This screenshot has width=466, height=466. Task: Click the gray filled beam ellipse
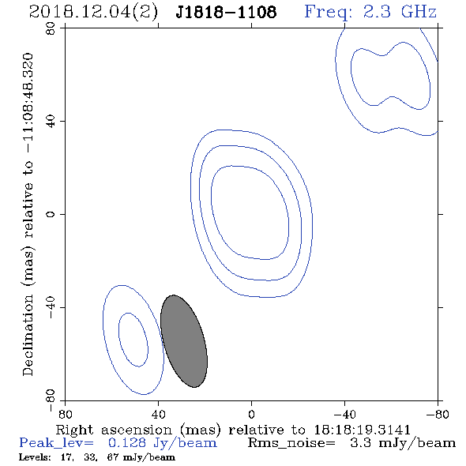(184, 341)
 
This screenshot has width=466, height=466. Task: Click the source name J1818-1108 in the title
(226, 13)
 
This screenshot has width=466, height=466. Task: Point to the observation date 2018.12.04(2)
(93, 13)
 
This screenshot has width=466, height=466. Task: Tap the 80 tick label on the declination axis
(51, 28)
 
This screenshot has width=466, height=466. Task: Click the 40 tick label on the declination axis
(51, 122)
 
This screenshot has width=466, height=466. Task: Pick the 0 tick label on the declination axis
(51, 214)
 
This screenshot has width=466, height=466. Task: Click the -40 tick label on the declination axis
(51, 307)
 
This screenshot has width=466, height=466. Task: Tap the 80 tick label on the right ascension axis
(65, 415)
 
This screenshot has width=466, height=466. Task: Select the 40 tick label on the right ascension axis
(158, 415)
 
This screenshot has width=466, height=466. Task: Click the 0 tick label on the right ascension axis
(251, 415)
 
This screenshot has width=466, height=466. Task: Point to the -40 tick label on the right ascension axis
(344, 415)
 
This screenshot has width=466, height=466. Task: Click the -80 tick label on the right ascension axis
(438, 415)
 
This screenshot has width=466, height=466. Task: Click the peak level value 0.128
(127, 443)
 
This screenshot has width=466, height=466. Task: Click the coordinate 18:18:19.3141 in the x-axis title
(362, 430)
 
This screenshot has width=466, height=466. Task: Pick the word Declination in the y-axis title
(28, 335)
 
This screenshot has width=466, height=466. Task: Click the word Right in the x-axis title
(74, 430)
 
